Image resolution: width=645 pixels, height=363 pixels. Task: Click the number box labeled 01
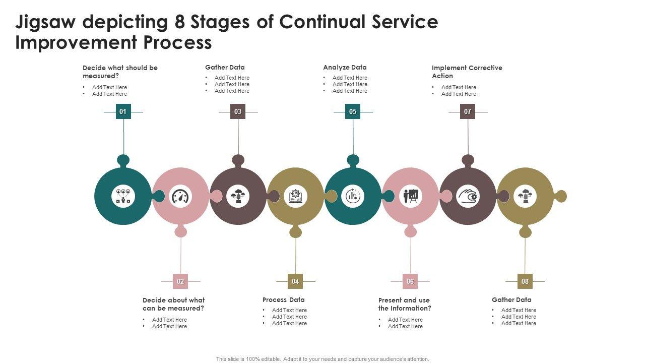[123, 111]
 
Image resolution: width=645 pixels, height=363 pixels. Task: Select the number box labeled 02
[180, 281]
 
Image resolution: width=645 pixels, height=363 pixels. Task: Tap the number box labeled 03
[238, 111]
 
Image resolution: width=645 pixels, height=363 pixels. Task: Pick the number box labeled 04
[295, 281]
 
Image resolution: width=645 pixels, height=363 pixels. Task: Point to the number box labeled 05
[353, 111]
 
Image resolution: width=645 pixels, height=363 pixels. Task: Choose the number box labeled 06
[410, 281]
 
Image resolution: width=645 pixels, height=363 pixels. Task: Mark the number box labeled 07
[468, 111]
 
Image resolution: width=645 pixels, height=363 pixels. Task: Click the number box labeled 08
[525, 281]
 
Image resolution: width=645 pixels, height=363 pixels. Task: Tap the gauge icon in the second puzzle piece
[181, 196]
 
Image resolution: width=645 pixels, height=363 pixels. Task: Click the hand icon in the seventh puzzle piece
[468, 196]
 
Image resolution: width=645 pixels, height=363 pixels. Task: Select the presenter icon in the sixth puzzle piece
[411, 196]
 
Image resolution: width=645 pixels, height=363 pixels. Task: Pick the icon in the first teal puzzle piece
[123, 196]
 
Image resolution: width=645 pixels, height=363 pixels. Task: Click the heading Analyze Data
[345, 68]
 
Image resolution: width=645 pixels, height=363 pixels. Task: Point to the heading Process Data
[283, 300]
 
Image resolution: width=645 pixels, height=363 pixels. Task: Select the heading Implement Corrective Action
[467, 72]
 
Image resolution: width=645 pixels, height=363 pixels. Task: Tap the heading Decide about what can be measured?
[173, 304]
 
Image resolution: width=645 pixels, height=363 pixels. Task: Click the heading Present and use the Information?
[405, 304]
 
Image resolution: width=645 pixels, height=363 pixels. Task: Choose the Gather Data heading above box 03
[225, 68]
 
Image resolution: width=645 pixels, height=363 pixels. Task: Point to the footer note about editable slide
[322, 359]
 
